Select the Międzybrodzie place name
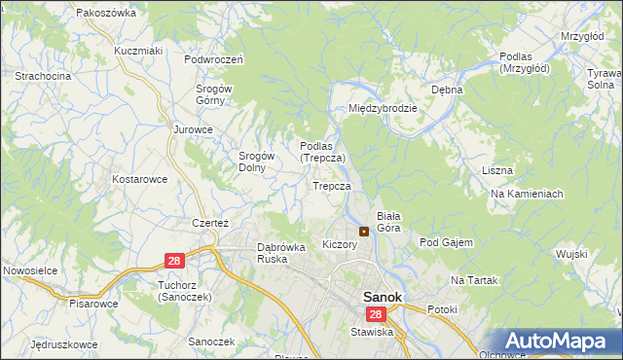tap(383, 108)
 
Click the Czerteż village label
tap(209, 223)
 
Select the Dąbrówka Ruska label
tap(281, 253)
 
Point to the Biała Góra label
tap(389, 222)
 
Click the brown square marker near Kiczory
tap(364, 232)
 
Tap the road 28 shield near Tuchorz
tap(174, 261)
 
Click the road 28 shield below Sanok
tap(376, 314)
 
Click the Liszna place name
tap(496, 170)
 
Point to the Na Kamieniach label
tap(528, 194)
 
